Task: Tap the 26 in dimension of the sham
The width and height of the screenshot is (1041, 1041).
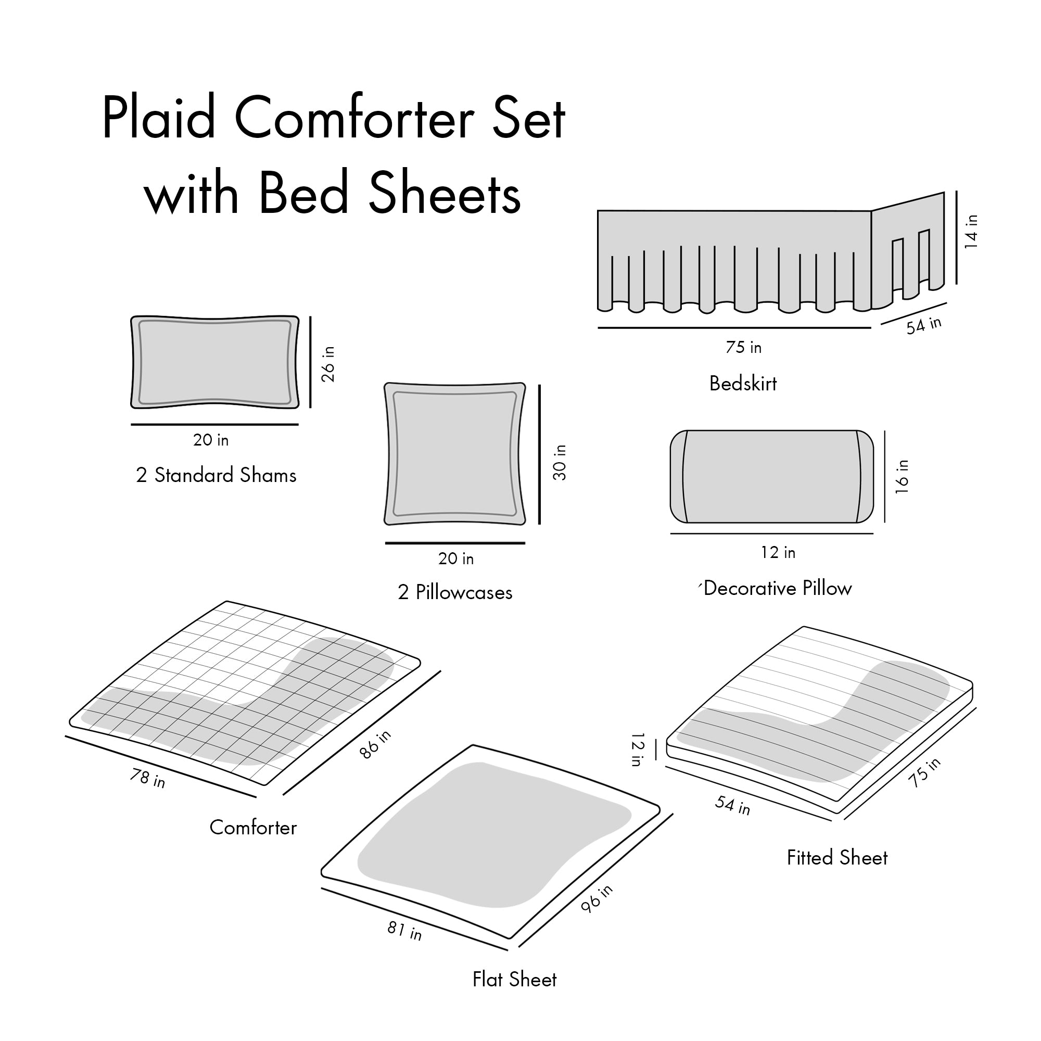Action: pyautogui.click(x=328, y=364)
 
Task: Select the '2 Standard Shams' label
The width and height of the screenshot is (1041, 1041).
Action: pyautogui.click(x=216, y=475)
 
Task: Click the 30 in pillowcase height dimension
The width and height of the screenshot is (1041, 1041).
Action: pyautogui.click(x=560, y=462)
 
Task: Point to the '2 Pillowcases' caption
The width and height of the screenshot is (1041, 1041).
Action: pyautogui.click(x=455, y=593)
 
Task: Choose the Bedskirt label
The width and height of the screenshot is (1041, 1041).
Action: pyautogui.click(x=743, y=384)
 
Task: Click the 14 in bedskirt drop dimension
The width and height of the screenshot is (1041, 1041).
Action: pyautogui.click(x=971, y=232)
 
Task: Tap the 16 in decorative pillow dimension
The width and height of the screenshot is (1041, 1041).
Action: pyautogui.click(x=902, y=476)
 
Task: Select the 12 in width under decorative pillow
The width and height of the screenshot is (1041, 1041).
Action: pyautogui.click(x=778, y=552)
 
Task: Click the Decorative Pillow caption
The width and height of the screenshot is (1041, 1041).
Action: pyautogui.click(x=778, y=588)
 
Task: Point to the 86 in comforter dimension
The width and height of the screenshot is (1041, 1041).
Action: pyautogui.click(x=376, y=745)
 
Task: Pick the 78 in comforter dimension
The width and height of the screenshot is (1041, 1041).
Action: pyautogui.click(x=147, y=778)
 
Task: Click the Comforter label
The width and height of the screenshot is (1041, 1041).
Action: pyautogui.click(x=253, y=828)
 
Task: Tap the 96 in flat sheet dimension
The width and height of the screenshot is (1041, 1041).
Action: pyautogui.click(x=597, y=899)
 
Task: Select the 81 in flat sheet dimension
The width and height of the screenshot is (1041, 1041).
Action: pyautogui.click(x=404, y=931)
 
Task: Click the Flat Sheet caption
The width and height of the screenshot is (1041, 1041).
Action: pyautogui.click(x=514, y=980)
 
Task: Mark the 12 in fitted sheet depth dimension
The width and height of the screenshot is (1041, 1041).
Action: pyautogui.click(x=638, y=749)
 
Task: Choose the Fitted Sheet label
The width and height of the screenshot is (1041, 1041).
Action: pyautogui.click(x=837, y=858)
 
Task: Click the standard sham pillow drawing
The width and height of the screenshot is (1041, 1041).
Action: pyautogui.click(x=214, y=362)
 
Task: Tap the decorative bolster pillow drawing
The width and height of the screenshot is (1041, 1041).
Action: pyautogui.click(x=771, y=476)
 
